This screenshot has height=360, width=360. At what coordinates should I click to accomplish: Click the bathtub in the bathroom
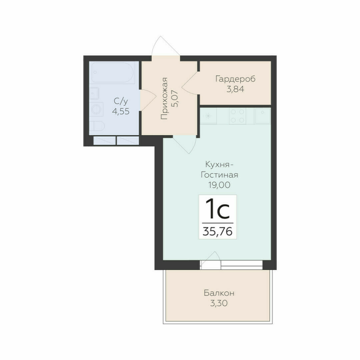[112, 73]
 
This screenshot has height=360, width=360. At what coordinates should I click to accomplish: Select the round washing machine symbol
[96, 108]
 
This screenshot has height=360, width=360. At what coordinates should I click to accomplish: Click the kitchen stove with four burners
[238, 116]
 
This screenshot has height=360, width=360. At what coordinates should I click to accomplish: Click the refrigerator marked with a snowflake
[209, 116]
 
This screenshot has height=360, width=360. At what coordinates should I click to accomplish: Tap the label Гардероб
[235, 79]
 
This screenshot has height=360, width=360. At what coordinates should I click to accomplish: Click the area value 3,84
[235, 89]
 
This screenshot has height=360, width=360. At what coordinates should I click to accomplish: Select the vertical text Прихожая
[165, 98]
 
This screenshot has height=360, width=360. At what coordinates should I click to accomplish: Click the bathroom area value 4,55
[121, 112]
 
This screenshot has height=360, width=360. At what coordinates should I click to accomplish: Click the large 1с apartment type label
[217, 209]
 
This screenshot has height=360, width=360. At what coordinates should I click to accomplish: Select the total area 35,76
[217, 232]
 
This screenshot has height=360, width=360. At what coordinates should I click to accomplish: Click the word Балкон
[219, 293]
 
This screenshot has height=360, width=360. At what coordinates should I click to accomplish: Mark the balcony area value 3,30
[219, 303]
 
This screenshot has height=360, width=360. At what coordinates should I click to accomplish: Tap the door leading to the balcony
[211, 262]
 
